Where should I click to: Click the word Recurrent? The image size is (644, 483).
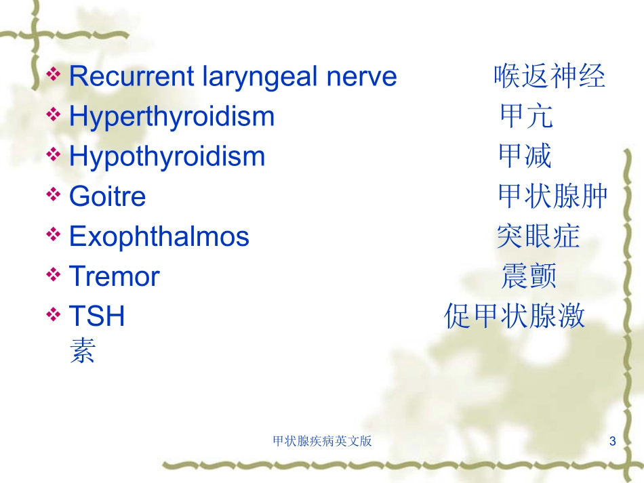tap(132, 77)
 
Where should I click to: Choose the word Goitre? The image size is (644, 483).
tap(108, 196)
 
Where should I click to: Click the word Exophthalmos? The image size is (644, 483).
tap(159, 236)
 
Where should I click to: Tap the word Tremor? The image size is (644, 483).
tap(114, 276)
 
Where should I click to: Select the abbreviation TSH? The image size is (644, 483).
tap(97, 316)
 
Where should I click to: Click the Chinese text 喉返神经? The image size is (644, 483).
tap(550, 77)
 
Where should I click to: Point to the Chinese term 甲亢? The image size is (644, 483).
tap(527, 116)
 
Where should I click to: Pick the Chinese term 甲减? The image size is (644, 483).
tap(525, 156)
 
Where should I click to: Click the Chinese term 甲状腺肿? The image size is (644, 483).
tap(552, 196)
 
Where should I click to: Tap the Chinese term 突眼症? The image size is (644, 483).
tap(538, 236)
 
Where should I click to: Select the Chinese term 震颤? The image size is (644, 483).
tap(529, 276)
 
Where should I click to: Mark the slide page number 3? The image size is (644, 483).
tap(612, 441)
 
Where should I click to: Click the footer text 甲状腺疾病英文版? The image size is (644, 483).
tap(323, 441)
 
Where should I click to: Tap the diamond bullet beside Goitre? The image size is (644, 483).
tap(54, 194)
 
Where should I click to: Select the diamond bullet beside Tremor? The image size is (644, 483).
tap(54, 274)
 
